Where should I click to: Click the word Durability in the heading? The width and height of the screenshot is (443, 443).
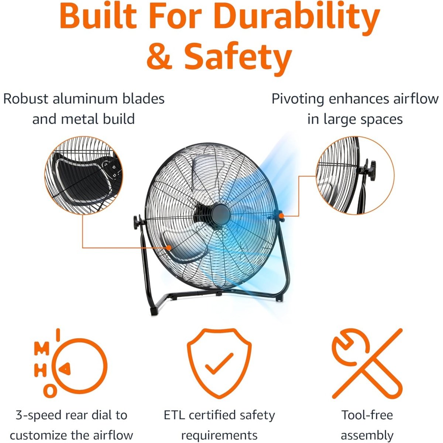[297, 18]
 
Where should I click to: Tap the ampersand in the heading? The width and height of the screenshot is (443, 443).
[159, 56]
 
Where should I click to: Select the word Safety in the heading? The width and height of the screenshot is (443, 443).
[238, 59]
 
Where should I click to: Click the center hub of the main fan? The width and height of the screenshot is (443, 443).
[221, 215]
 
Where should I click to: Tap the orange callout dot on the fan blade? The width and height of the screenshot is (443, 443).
[169, 248]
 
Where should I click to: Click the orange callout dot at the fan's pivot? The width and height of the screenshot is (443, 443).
[281, 215]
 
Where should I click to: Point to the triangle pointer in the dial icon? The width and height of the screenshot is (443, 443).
[65, 369]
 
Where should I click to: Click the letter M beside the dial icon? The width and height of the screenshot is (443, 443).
[42, 348]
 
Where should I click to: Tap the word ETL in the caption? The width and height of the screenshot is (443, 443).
[174, 415]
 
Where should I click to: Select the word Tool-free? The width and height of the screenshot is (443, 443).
[367, 415]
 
